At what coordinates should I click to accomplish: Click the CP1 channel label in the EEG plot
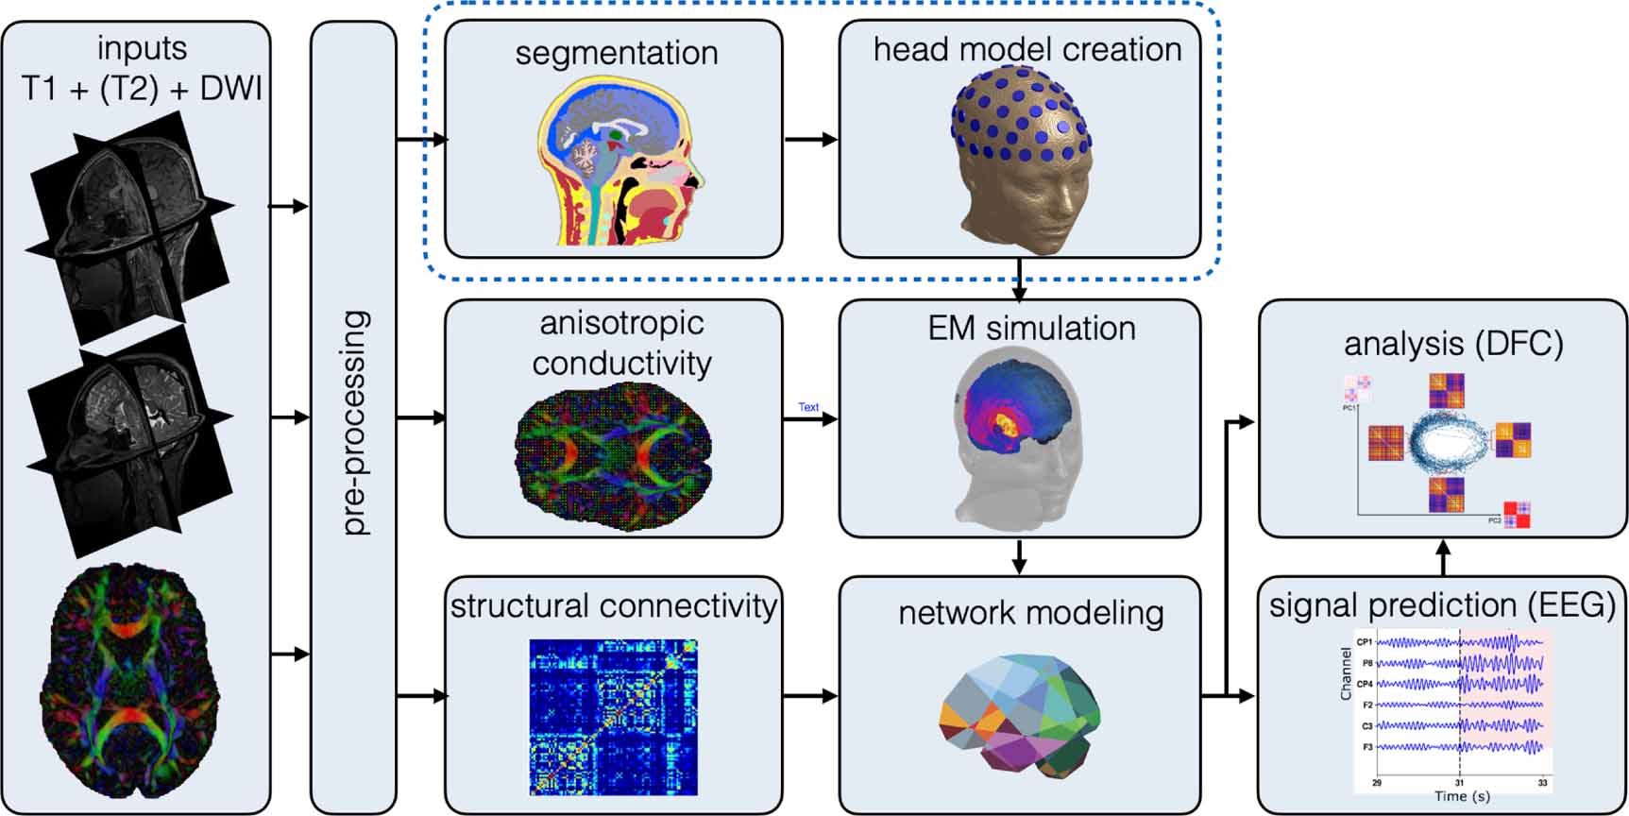tap(1365, 642)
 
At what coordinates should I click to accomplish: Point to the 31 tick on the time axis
tap(1459, 783)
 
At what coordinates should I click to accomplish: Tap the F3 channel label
tap(1366, 747)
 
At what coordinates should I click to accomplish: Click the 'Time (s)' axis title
tap(1462, 797)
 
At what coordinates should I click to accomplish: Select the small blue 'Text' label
tap(808, 407)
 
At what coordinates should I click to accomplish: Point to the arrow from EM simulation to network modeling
tap(1019, 556)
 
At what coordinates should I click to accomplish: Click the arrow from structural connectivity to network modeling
tap(810, 696)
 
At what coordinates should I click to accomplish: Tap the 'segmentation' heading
tap(616, 53)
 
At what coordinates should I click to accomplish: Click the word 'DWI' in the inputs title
tap(231, 88)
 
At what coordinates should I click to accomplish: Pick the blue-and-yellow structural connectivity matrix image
tap(613, 717)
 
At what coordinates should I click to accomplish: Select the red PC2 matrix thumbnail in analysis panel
tap(1517, 515)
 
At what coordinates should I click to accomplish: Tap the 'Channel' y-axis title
tap(1346, 673)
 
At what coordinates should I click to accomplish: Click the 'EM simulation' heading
tap(1031, 329)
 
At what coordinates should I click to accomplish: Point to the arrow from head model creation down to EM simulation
tap(1019, 279)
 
